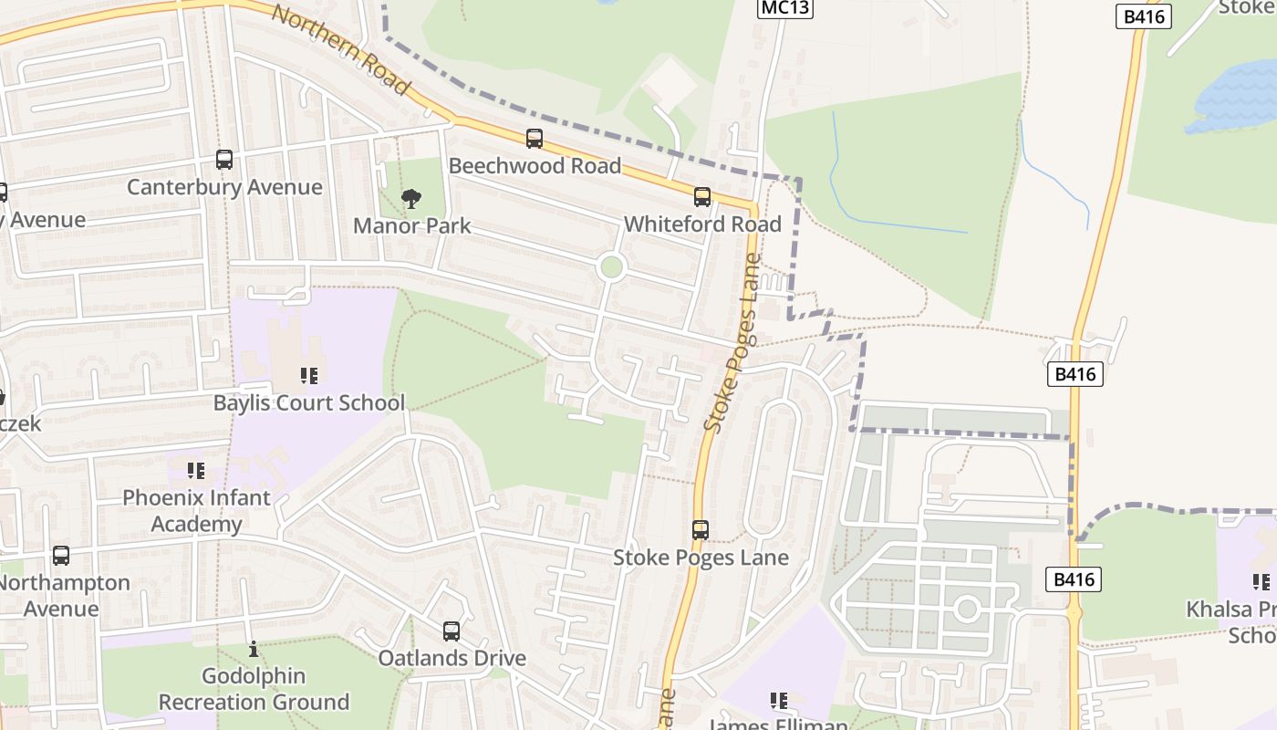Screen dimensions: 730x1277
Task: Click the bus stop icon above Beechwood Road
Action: pyautogui.click(x=535, y=139)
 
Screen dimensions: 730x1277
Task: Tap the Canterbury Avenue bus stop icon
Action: pyautogui.click(x=224, y=160)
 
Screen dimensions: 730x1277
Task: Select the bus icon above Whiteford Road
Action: pyautogui.click(x=701, y=197)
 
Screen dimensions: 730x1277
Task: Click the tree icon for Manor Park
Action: pyautogui.click(x=411, y=199)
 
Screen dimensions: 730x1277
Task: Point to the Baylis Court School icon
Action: pyautogui.click(x=308, y=376)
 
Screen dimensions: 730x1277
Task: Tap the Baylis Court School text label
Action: pyautogui.click(x=308, y=402)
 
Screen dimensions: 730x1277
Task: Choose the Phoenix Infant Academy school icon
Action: pyautogui.click(x=196, y=471)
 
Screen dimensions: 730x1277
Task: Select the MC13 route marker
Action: pyautogui.click(x=784, y=8)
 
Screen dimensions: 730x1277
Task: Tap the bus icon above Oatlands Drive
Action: pyautogui.click(x=452, y=631)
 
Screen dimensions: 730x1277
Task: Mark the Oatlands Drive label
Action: pyautogui.click(x=452, y=658)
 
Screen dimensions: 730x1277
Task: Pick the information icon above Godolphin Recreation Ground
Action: pyautogui.click(x=254, y=650)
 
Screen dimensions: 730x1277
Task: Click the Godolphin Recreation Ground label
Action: pyautogui.click(x=254, y=689)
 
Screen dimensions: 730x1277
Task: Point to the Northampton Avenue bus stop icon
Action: pyautogui.click(x=61, y=556)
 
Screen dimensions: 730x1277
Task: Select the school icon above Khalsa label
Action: pyautogui.click(x=1261, y=582)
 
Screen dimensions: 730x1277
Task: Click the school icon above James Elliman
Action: pyautogui.click(x=778, y=701)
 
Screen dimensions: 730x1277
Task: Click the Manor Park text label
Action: pyautogui.click(x=411, y=225)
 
